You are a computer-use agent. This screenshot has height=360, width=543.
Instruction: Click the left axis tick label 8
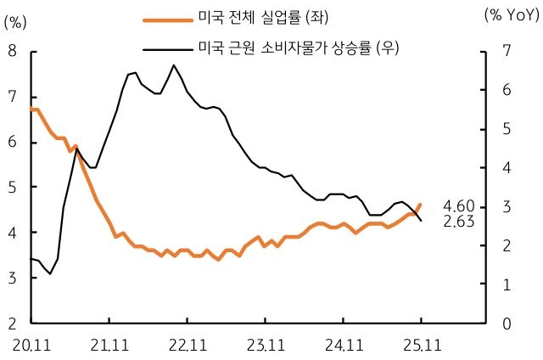13,51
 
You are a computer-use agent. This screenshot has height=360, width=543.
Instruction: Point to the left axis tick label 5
13,187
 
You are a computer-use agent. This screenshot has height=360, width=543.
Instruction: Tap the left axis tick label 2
13,323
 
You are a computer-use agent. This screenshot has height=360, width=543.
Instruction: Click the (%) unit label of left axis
16,23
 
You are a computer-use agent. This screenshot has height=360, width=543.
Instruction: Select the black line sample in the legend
166,48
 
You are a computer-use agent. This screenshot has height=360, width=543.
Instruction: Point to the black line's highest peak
173,65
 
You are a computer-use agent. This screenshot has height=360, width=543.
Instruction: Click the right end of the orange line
420,204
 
